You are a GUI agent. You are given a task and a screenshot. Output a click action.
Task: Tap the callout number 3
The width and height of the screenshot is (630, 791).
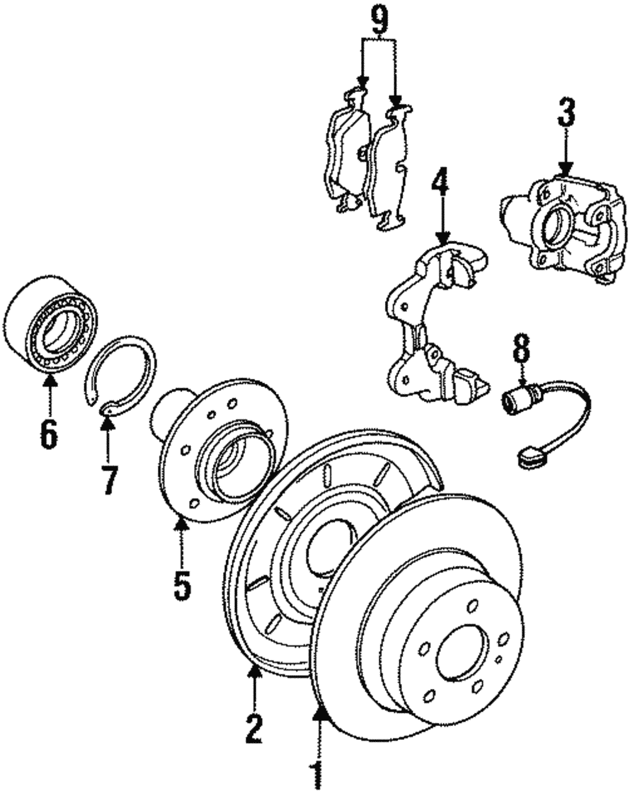click(565, 115)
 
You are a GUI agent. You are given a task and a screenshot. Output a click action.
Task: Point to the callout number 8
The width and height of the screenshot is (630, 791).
click(521, 352)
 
